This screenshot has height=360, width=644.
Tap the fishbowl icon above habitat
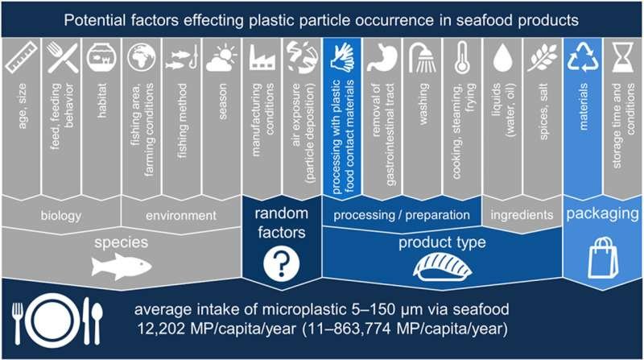coord(101,58)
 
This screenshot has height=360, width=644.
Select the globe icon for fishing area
coord(142,57)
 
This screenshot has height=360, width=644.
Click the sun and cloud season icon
coord(222,59)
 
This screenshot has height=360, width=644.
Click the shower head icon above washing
coord(423,58)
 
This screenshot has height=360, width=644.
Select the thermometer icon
coord(462,58)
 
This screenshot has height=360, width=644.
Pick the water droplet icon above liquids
coord(502,58)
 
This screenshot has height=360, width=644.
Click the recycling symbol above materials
coord(583,56)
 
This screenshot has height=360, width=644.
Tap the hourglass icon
coord(623,57)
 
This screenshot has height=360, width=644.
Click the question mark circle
coord(281,264)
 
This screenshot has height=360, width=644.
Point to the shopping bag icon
coord(603,258)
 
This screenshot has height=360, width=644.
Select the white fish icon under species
coord(122,267)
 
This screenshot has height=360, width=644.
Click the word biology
coord(61,216)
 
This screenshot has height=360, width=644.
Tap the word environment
coord(181,215)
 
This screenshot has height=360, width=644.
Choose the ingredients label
coord(522,214)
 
